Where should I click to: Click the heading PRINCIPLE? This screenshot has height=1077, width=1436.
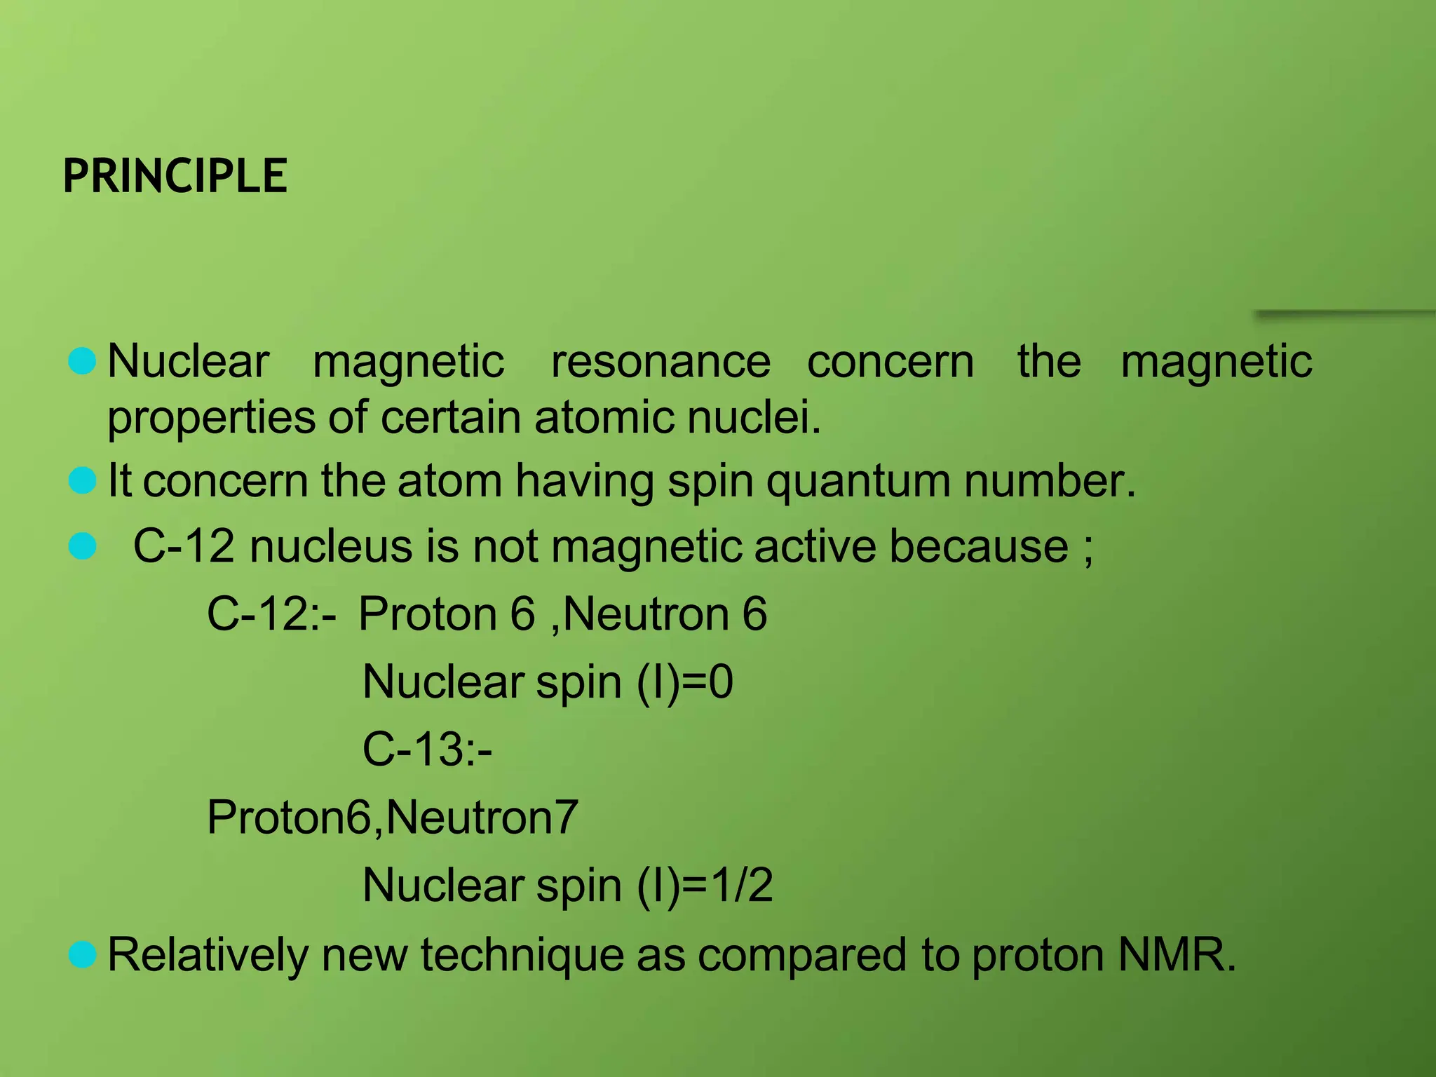pos(175,175)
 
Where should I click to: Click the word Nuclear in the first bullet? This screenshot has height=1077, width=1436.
pos(188,362)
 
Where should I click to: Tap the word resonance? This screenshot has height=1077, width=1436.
pos(661,362)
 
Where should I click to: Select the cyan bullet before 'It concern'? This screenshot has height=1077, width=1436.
pos(83,481)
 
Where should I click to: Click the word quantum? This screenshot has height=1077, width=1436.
pos(858,482)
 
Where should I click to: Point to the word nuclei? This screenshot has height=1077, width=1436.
pos(753,418)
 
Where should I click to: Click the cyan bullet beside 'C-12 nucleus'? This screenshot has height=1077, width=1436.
pos(83,546)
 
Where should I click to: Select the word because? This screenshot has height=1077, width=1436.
pos(979,546)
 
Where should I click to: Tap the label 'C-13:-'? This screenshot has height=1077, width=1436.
pos(427,749)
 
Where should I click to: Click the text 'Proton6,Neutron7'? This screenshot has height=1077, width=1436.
pos(393,818)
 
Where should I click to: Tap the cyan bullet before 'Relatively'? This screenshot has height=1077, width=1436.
pos(83,955)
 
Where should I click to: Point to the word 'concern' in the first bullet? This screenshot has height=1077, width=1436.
pos(890,362)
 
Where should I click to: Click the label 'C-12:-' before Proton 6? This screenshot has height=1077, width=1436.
pos(271,614)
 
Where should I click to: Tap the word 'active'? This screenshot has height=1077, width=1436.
pos(814,546)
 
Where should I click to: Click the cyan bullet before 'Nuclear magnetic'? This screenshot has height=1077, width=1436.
pos(83,361)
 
